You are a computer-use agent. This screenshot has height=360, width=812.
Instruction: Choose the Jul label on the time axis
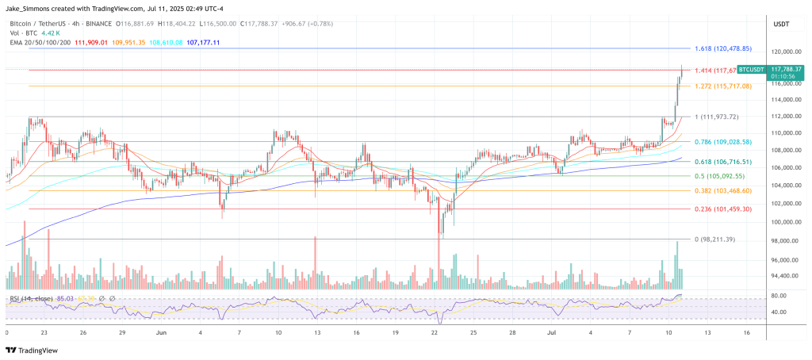pyautogui.click(x=551, y=332)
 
